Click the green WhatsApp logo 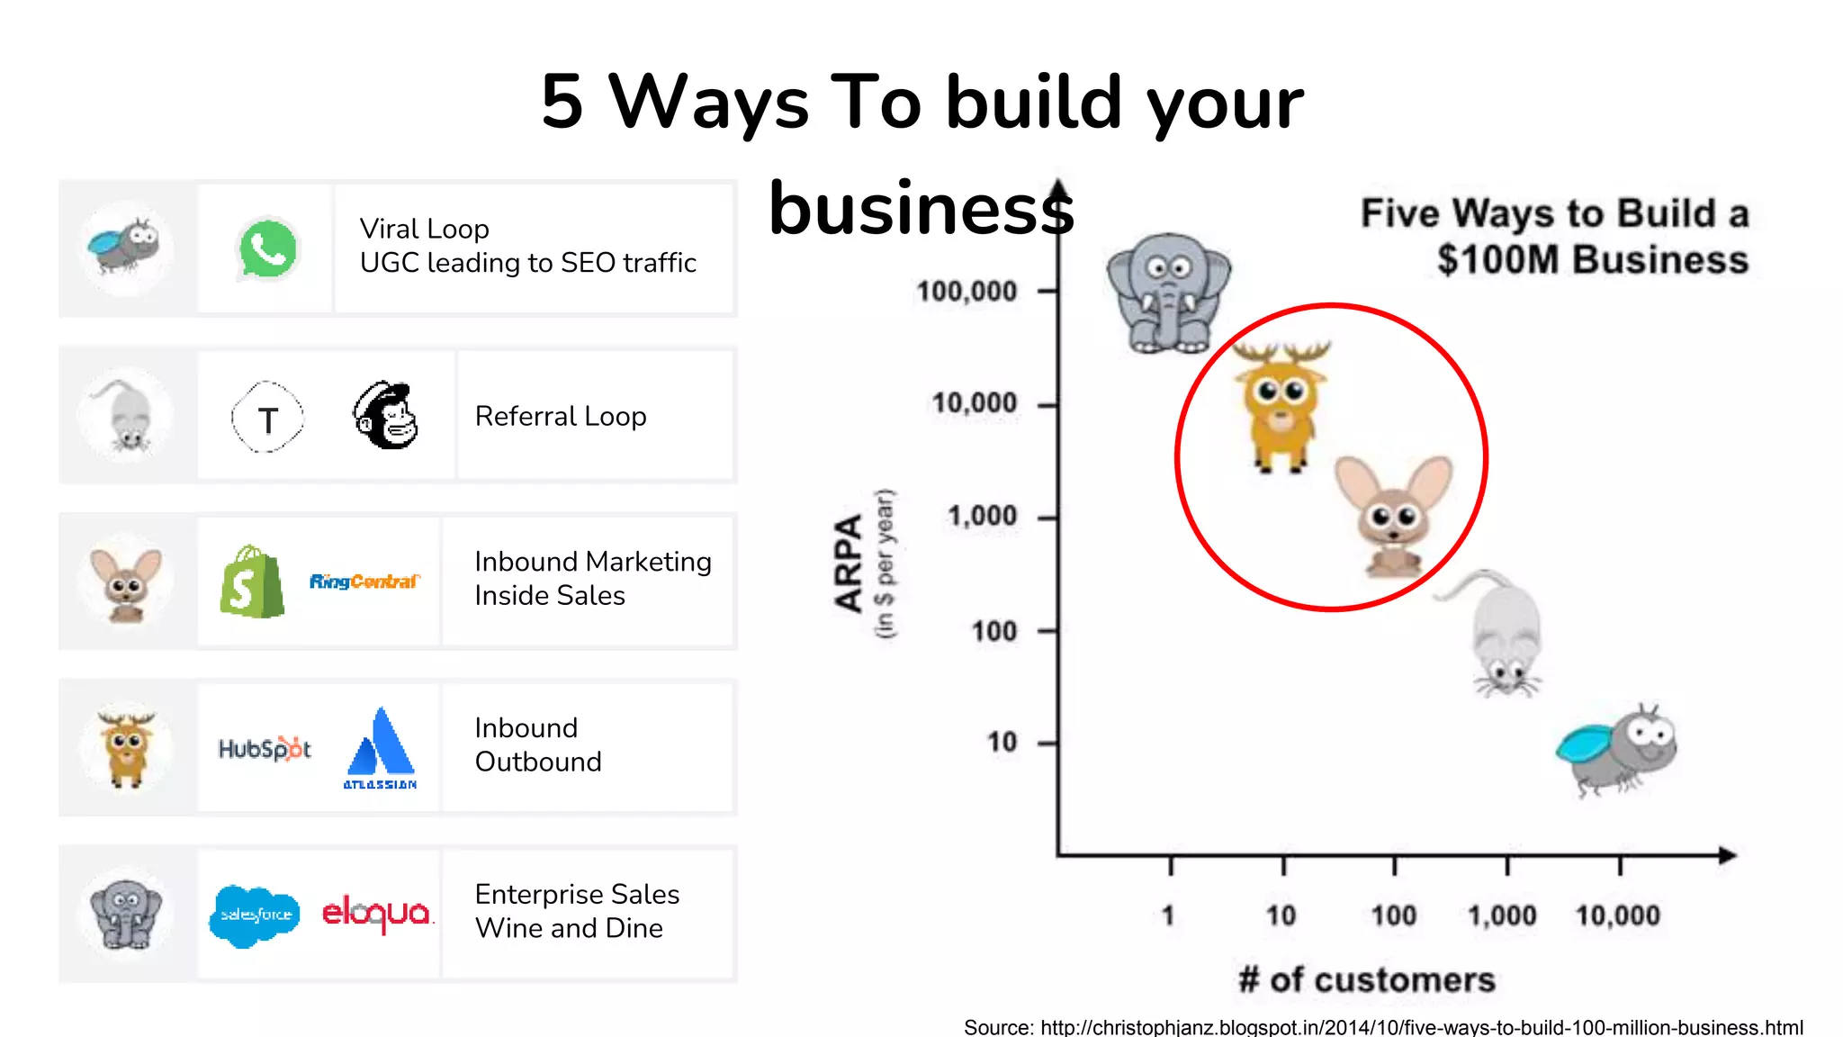(x=267, y=249)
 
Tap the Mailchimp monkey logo (x=386, y=415)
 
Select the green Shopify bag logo (x=252, y=582)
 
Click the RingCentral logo (x=364, y=582)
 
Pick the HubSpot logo (x=265, y=748)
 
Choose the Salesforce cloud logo (x=256, y=915)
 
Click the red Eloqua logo (x=377, y=914)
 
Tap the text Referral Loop (x=561, y=416)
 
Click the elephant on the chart (x=1168, y=293)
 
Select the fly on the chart (x=1618, y=749)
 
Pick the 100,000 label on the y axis (x=966, y=292)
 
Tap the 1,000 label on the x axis (x=1502, y=915)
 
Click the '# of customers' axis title (x=1366, y=979)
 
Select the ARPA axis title (x=849, y=564)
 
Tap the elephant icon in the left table (x=127, y=914)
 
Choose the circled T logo (x=267, y=417)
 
